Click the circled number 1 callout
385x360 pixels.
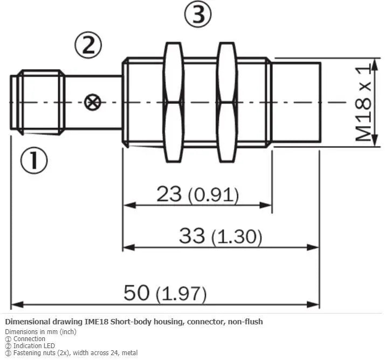[x=34, y=160]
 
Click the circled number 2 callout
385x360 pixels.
[x=88, y=45]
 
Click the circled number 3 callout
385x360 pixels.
[x=198, y=13]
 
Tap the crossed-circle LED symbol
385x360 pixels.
[x=93, y=102]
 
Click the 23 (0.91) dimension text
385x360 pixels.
[x=198, y=195]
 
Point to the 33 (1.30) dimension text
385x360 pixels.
[x=221, y=236]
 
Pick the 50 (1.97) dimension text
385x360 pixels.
[x=165, y=293]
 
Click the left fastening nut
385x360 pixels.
[x=174, y=102]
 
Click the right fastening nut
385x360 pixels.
[x=227, y=102]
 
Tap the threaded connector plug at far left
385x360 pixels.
[x=38, y=103]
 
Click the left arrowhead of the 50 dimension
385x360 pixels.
[x=17, y=305]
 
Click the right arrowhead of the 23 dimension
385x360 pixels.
[x=266, y=205]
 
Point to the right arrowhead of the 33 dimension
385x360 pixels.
[x=313, y=247]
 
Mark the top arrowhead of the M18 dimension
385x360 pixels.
[x=375, y=65]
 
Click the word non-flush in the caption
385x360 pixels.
[x=245, y=322]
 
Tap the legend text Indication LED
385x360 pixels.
[x=34, y=346]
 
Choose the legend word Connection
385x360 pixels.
[x=29, y=338]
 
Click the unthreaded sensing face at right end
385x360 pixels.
[x=297, y=103]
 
